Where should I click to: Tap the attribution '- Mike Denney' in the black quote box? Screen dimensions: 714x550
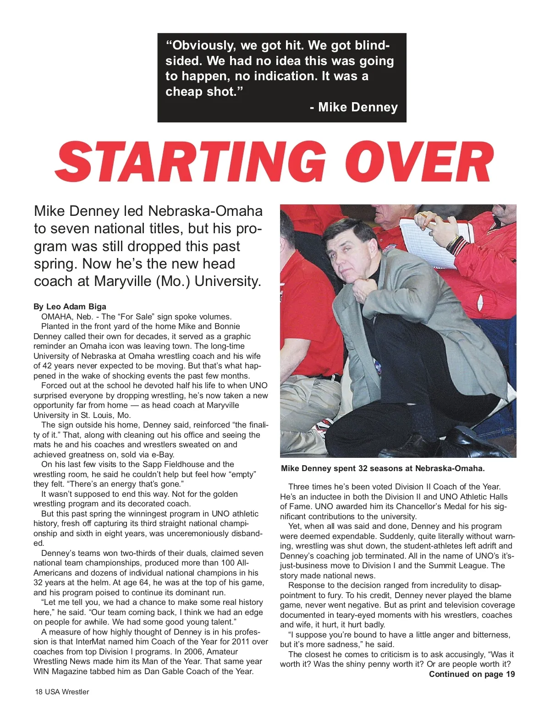click(x=353, y=107)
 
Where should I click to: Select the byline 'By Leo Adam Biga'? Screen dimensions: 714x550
click(x=70, y=307)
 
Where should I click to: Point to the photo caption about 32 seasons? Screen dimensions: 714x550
click(x=383, y=468)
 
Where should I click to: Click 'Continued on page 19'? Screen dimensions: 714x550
click(x=472, y=674)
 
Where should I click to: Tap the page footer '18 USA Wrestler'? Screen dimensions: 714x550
click(x=62, y=692)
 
